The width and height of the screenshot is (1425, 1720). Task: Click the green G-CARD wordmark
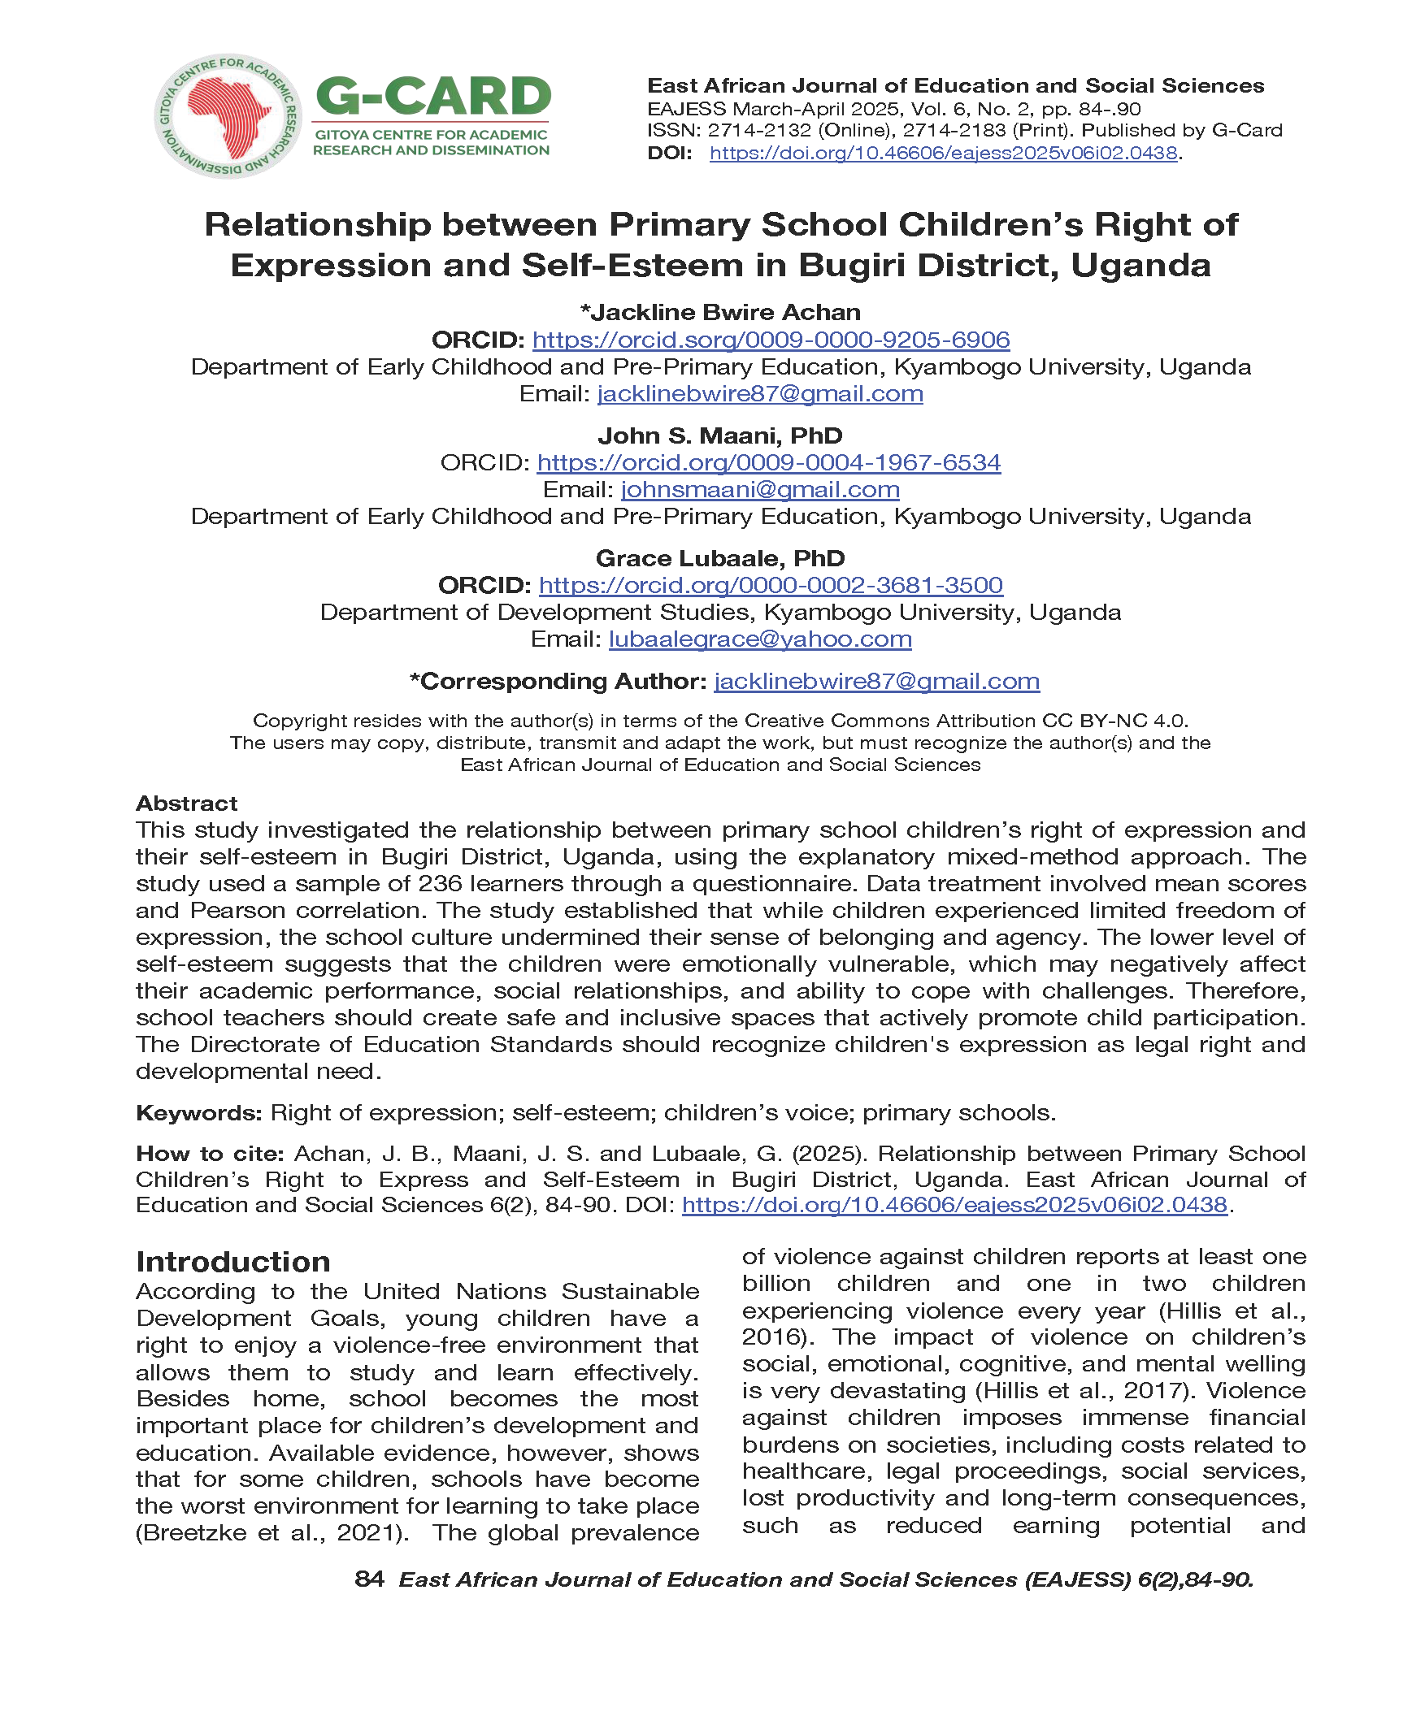[432, 97]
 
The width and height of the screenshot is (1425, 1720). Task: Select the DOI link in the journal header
[942, 154]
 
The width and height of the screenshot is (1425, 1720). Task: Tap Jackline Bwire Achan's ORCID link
[771, 339]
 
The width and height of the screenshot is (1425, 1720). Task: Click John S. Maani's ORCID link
[768, 462]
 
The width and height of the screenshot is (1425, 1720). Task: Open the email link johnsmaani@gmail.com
[759, 489]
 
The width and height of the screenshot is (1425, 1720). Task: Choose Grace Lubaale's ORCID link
[771, 585]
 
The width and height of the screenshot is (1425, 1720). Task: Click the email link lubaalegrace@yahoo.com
[759, 639]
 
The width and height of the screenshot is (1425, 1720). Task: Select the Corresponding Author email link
[876, 681]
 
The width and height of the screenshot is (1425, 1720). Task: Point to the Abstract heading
[187, 803]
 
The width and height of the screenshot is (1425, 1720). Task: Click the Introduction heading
[233, 1261]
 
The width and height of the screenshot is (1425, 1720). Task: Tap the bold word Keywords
[198, 1112]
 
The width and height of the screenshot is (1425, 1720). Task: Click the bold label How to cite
[210, 1153]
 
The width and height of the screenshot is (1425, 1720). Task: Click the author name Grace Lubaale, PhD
[719, 558]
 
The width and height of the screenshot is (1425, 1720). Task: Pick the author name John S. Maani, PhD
[719, 435]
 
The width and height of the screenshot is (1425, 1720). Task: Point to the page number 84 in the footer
[369, 1579]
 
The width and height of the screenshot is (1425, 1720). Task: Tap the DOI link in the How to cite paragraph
[954, 1204]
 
